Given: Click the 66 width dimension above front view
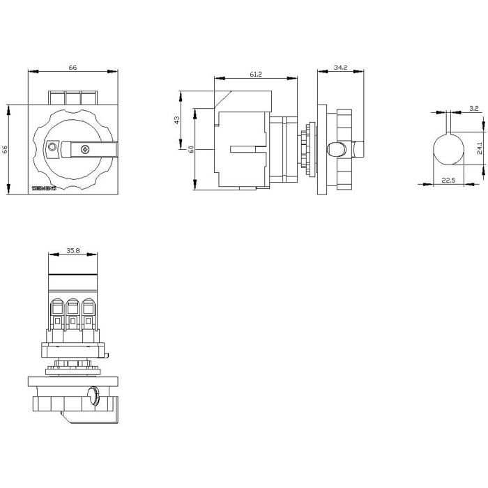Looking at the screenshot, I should coord(72,67).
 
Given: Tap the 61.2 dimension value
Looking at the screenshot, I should coord(255,75).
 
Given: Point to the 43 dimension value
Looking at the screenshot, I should coord(178,119).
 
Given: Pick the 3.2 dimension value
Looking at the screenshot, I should coord(474,108).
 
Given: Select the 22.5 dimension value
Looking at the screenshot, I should coord(449,181).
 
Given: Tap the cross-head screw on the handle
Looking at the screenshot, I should coord(86,148).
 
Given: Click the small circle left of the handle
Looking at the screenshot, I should coord(52,147).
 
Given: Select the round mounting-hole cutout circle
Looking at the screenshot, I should coord(449,148).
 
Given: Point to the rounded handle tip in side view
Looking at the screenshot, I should coord(335,148).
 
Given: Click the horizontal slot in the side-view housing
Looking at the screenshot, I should coord(248,148).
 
